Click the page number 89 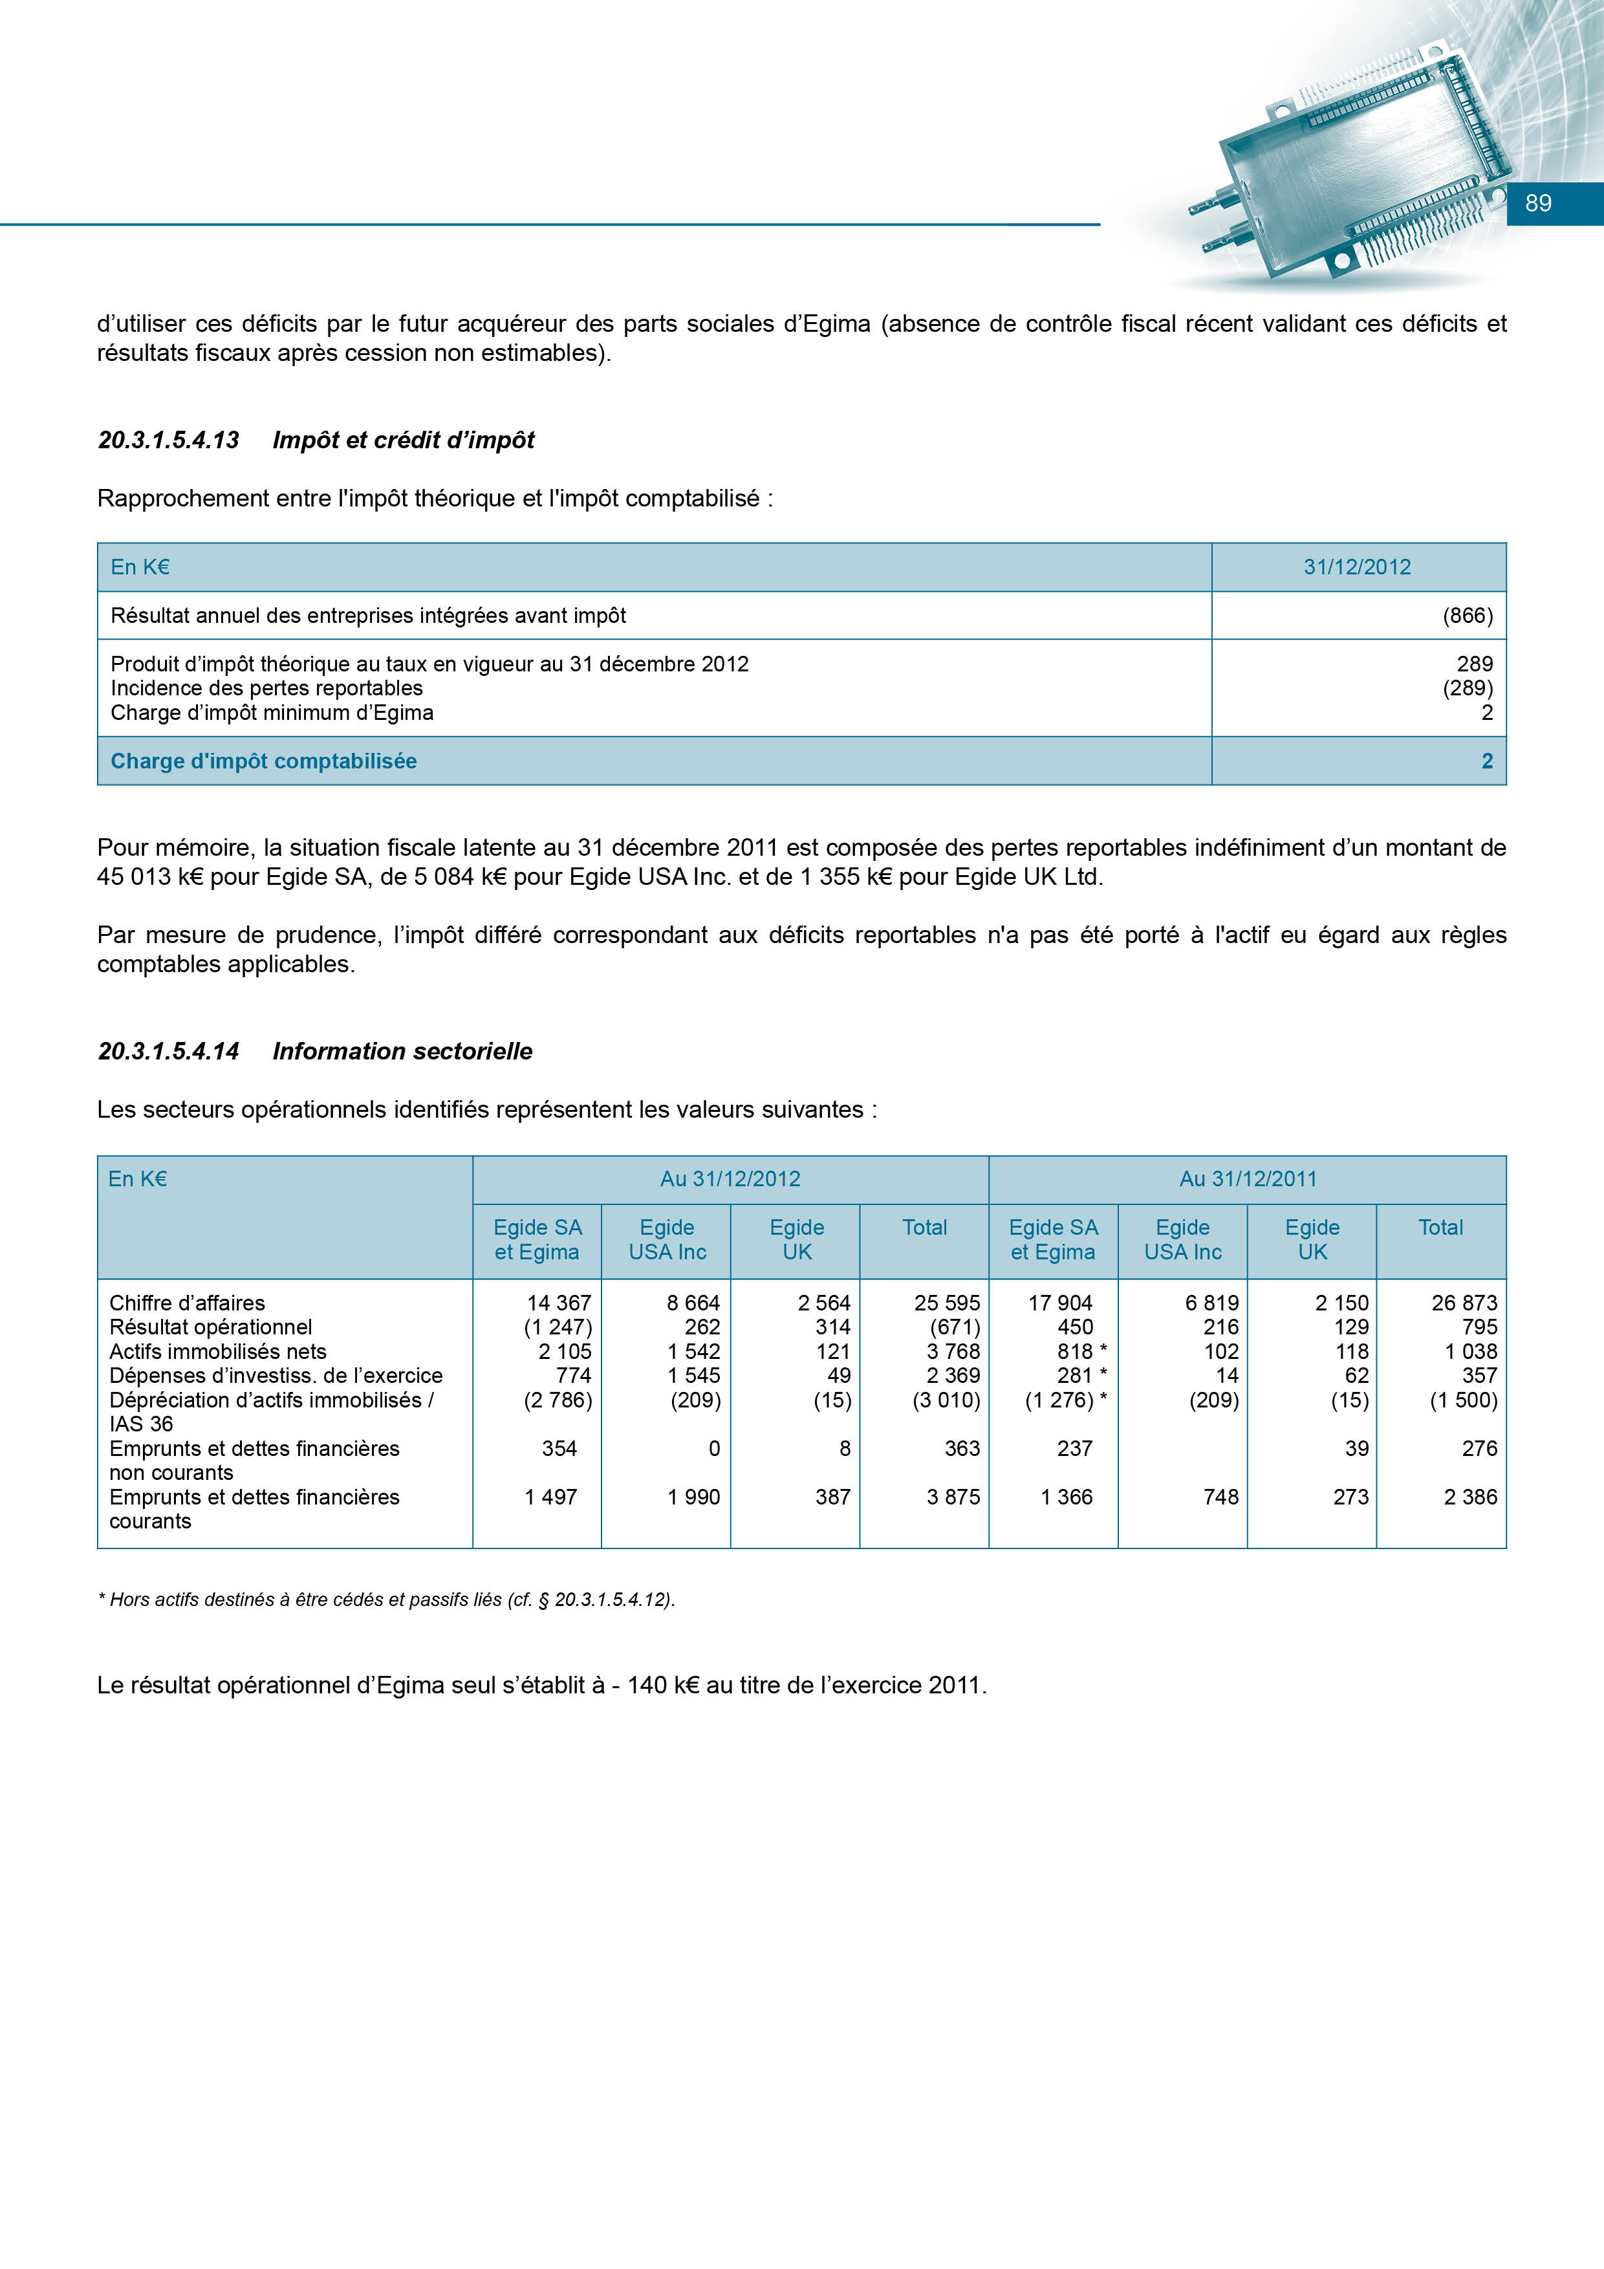point(1538,204)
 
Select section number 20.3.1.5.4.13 point(168,440)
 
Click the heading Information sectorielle point(402,1052)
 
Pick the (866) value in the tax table point(1468,616)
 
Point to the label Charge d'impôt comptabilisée point(264,761)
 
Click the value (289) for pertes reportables point(1468,688)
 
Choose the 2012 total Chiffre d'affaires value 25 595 point(947,1303)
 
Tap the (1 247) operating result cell point(558,1327)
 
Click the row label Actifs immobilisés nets point(217,1352)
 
